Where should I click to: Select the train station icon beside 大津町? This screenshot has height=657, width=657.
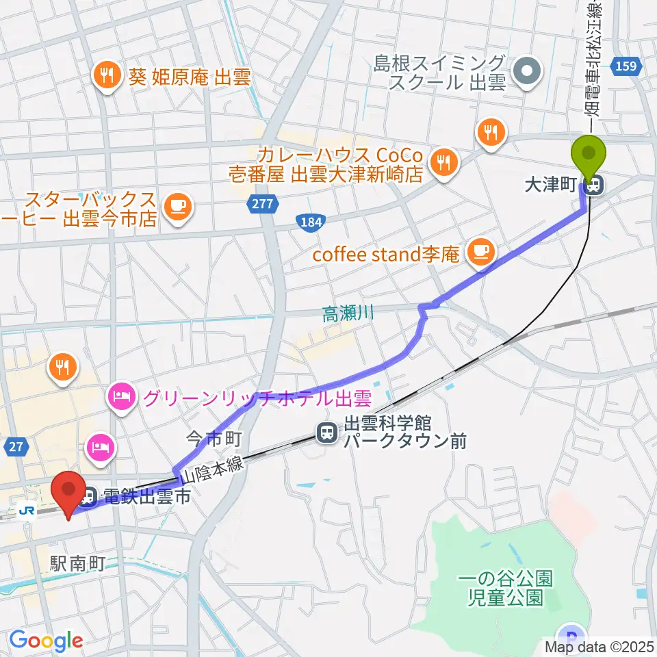pos(594,185)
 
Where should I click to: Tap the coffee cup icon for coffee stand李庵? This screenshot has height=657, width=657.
pos(480,251)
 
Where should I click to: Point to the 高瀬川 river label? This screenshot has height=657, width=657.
pos(348,314)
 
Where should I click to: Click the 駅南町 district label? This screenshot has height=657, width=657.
pos(78,563)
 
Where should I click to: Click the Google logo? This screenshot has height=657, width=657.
pos(45,641)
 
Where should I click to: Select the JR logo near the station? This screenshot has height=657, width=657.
pos(27,510)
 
